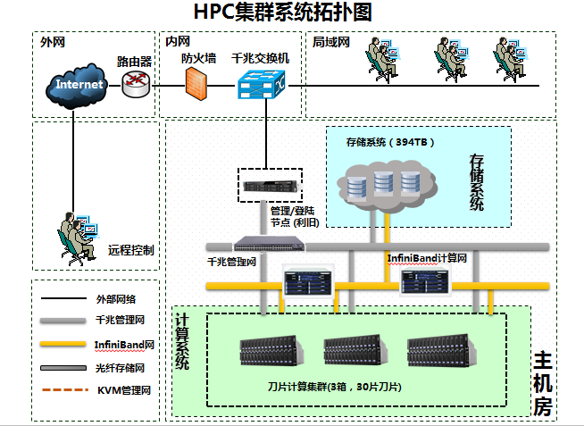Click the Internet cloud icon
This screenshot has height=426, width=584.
tap(79, 85)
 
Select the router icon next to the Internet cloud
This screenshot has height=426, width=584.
tap(137, 84)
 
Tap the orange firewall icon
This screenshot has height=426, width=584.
tap(196, 82)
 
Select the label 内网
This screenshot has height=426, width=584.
tap(178, 41)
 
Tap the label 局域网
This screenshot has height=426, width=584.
tap(331, 42)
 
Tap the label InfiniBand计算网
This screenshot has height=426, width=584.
tap(427, 257)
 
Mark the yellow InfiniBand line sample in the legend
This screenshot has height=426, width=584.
tap(61, 344)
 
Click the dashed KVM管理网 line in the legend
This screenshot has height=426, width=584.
tap(61, 390)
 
